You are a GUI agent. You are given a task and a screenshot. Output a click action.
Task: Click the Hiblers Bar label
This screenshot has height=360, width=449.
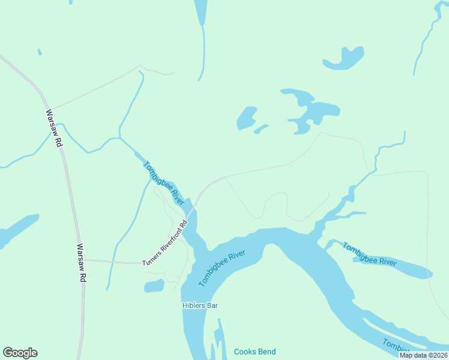[200, 305]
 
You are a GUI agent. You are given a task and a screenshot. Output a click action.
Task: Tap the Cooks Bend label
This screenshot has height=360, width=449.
[255, 352]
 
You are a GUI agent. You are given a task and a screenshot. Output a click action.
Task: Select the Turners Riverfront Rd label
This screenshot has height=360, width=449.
[165, 243]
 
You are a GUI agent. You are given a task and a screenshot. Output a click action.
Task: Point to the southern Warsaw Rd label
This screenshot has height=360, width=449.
[82, 263]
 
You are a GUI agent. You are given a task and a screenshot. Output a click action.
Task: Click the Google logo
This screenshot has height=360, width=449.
[20, 353]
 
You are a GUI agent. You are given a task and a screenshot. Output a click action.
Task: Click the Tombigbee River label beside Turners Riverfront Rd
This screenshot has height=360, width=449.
[164, 183]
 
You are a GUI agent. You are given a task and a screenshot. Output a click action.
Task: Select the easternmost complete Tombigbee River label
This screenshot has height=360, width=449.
[370, 254]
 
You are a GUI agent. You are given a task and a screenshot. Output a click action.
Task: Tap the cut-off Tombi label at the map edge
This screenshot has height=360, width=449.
[397, 347]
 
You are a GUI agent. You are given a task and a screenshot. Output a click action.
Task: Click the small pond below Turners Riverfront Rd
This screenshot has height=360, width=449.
[154, 286]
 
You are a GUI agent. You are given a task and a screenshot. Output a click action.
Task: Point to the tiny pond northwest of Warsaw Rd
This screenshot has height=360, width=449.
[40, 52]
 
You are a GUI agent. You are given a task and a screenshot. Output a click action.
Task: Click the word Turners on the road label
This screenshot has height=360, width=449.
[151, 258]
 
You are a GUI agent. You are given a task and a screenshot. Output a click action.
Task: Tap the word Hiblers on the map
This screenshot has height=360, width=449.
[193, 305]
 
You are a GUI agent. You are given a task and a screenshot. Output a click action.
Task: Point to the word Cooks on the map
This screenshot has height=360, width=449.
[244, 352]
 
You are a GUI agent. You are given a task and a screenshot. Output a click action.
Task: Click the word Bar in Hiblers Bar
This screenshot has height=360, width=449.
[211, 305]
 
